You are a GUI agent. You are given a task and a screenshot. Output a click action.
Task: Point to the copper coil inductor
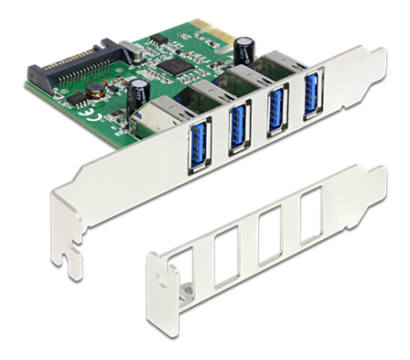point(94,93)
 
